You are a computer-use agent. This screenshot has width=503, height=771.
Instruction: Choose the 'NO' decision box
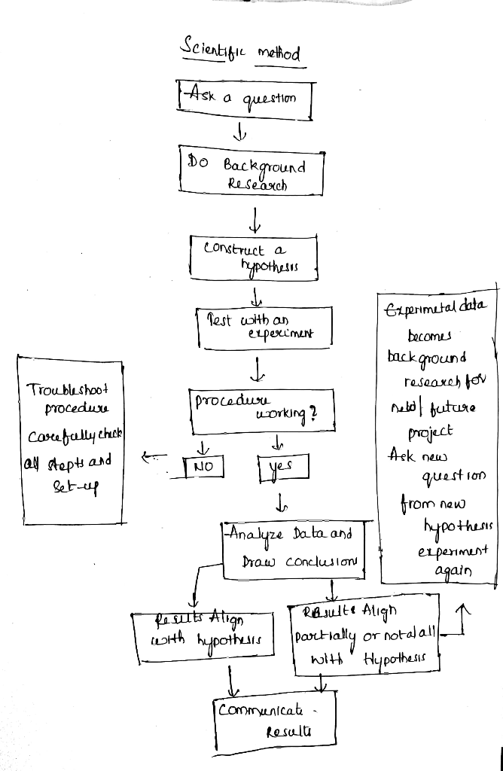pyautogui.click(x=204, y=466)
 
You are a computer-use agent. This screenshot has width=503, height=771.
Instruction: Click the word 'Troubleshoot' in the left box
pyautogui.click(x=68, y=390)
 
